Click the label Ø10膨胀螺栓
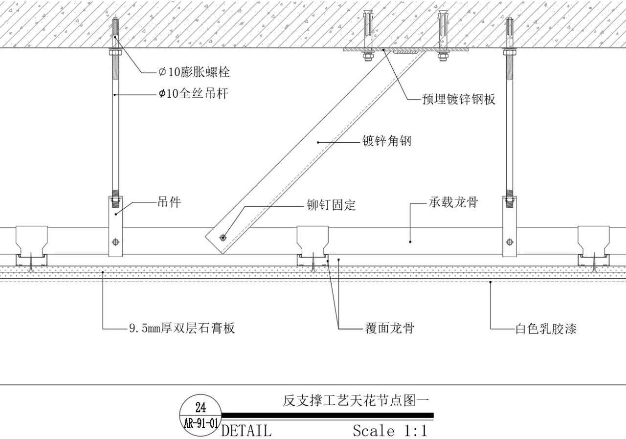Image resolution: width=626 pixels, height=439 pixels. (194, 73)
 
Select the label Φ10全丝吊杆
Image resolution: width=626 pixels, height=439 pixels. (193, 94)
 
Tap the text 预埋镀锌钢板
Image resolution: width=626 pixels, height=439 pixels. (459, 99)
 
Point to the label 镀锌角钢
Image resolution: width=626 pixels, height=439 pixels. (386, 142)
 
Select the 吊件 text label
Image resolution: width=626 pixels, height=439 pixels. (169, 202)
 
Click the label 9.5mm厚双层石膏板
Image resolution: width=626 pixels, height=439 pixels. (182, 328)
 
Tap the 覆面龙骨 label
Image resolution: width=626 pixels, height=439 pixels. (390, 328)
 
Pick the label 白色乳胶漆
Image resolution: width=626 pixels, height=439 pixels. (546, 329)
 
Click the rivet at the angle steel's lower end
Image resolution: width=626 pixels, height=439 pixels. (223, 238)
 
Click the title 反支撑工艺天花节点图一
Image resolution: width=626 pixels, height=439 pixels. (356, 401)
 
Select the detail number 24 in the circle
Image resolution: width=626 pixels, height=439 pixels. (201, 408)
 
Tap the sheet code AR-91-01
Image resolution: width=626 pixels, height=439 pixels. (201, 423)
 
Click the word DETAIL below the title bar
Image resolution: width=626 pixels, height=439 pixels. (246, 431)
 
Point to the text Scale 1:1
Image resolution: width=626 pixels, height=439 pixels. (390, 431)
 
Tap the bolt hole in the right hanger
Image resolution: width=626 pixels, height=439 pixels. (510, 241)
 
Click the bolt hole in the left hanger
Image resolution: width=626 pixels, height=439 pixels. (115, 241)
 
